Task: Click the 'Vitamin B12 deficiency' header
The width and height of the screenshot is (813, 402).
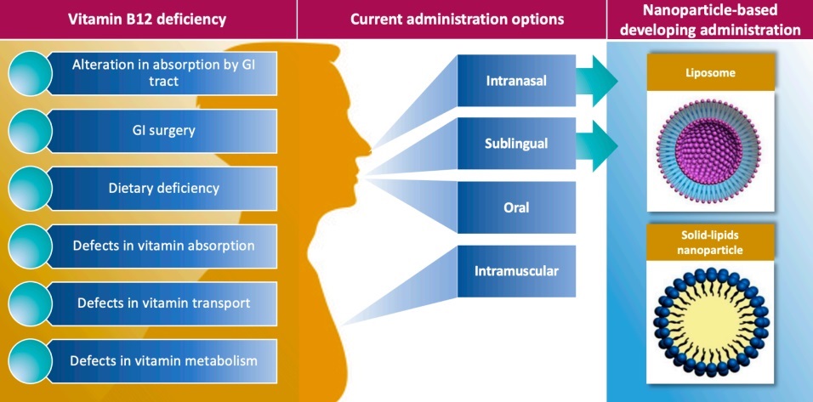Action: point(148,19)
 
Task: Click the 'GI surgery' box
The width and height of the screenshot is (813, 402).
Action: point(164,131)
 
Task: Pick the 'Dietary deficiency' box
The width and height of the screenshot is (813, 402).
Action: point(164,188)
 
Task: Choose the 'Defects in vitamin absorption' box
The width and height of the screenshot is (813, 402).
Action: point(164,246)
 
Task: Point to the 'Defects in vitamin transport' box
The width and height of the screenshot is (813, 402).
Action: point(164,303)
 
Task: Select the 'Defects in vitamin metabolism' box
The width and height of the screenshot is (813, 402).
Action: point(164,360)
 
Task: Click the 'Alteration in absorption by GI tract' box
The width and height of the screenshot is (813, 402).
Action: point(164,73)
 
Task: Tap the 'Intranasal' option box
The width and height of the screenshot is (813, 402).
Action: point(516,82)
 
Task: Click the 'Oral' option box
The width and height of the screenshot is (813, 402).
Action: point(516,207)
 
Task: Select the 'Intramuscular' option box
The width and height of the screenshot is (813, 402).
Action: point(516,270)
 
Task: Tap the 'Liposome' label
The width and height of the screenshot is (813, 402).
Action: point(712,73)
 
